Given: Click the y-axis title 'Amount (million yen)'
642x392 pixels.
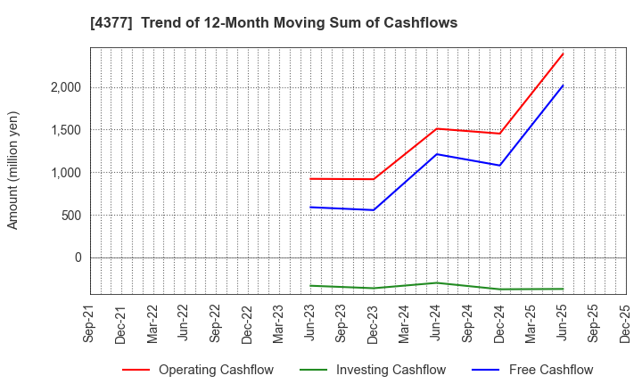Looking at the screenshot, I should coord(13,170).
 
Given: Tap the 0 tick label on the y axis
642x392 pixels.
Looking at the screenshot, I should coord(77,257).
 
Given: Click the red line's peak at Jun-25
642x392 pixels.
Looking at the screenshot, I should coord(563,53).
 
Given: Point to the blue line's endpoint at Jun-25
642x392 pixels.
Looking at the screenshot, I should coord(563,86).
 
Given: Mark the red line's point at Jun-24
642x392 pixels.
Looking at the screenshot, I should coord(437,128).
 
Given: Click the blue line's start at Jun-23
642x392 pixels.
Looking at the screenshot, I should coord(310,207).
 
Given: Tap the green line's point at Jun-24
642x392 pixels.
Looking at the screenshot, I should coord(437,282).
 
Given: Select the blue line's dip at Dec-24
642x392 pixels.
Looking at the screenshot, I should coord(499,165).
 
